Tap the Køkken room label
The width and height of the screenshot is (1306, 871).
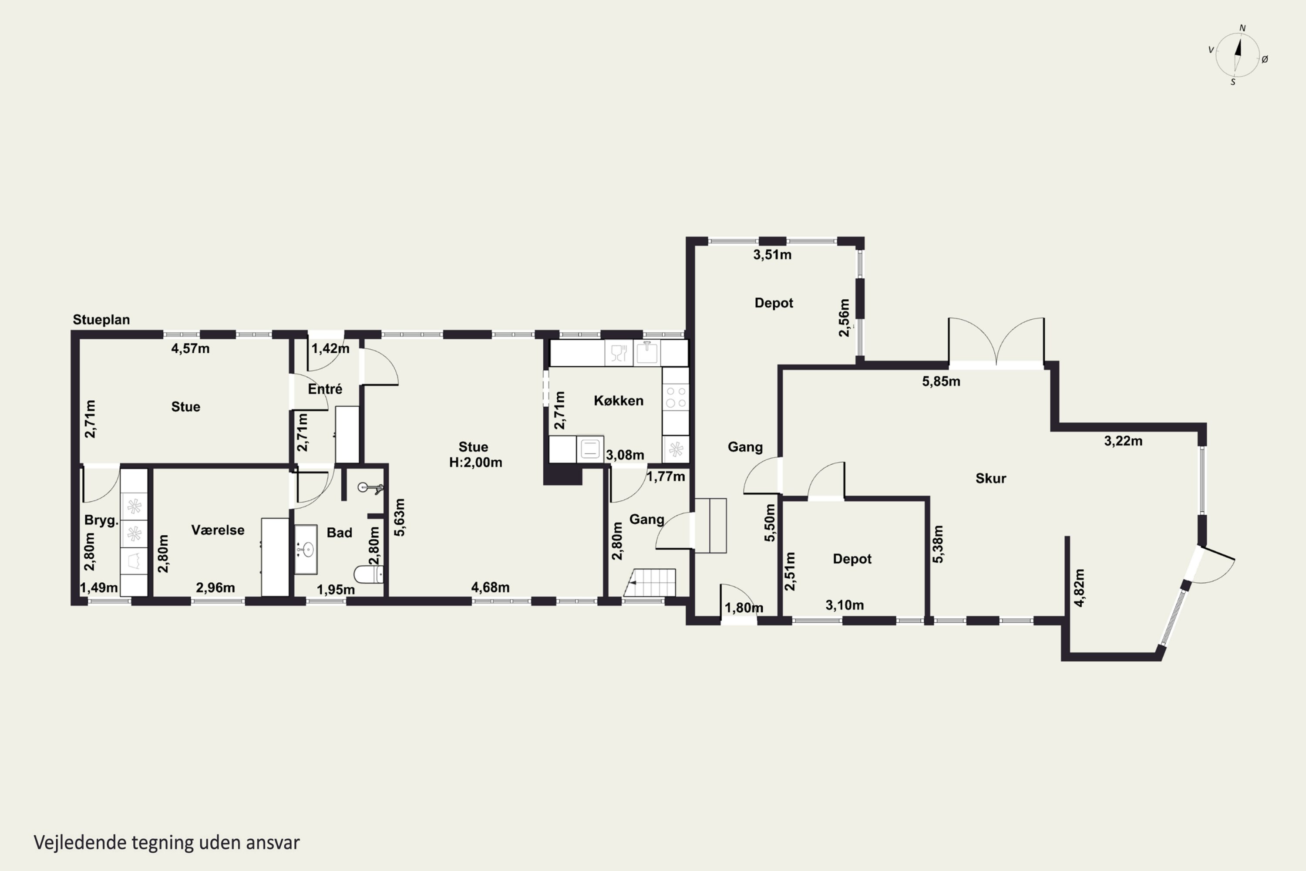pyautogui.click(x=619, y=401)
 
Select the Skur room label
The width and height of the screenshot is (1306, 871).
pyautogui.click(x=991, y=478)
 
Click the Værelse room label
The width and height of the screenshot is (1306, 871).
pyautogui.click(x=218, y=530)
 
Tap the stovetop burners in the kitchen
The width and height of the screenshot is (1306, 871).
pyautogui.click(x=676, y=397)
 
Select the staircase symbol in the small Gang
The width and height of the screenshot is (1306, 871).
pyautogui.click(x=650, y=583)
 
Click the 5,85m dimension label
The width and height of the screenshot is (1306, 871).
pyautogui.click(x=941, y=381)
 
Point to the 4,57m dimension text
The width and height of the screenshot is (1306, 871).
pyautogui.click(x=191, y=349)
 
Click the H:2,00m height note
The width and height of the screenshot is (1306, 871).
pyautogui.click(x=476, y=462)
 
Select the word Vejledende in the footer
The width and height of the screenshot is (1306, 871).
pyautogui.click(x=80, y=843)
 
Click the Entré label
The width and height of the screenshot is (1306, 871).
pyautogui.click(x=325, y=389)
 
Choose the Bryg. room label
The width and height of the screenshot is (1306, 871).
pyautogui.click(x=101, y=521)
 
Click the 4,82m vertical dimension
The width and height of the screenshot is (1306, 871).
pyautogui.click(x=1079, y=587)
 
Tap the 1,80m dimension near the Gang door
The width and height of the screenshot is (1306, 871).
pyautogui.click(x=744, y=608)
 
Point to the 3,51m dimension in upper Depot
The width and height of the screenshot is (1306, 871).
pyautogui.click(x=772, y=255)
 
